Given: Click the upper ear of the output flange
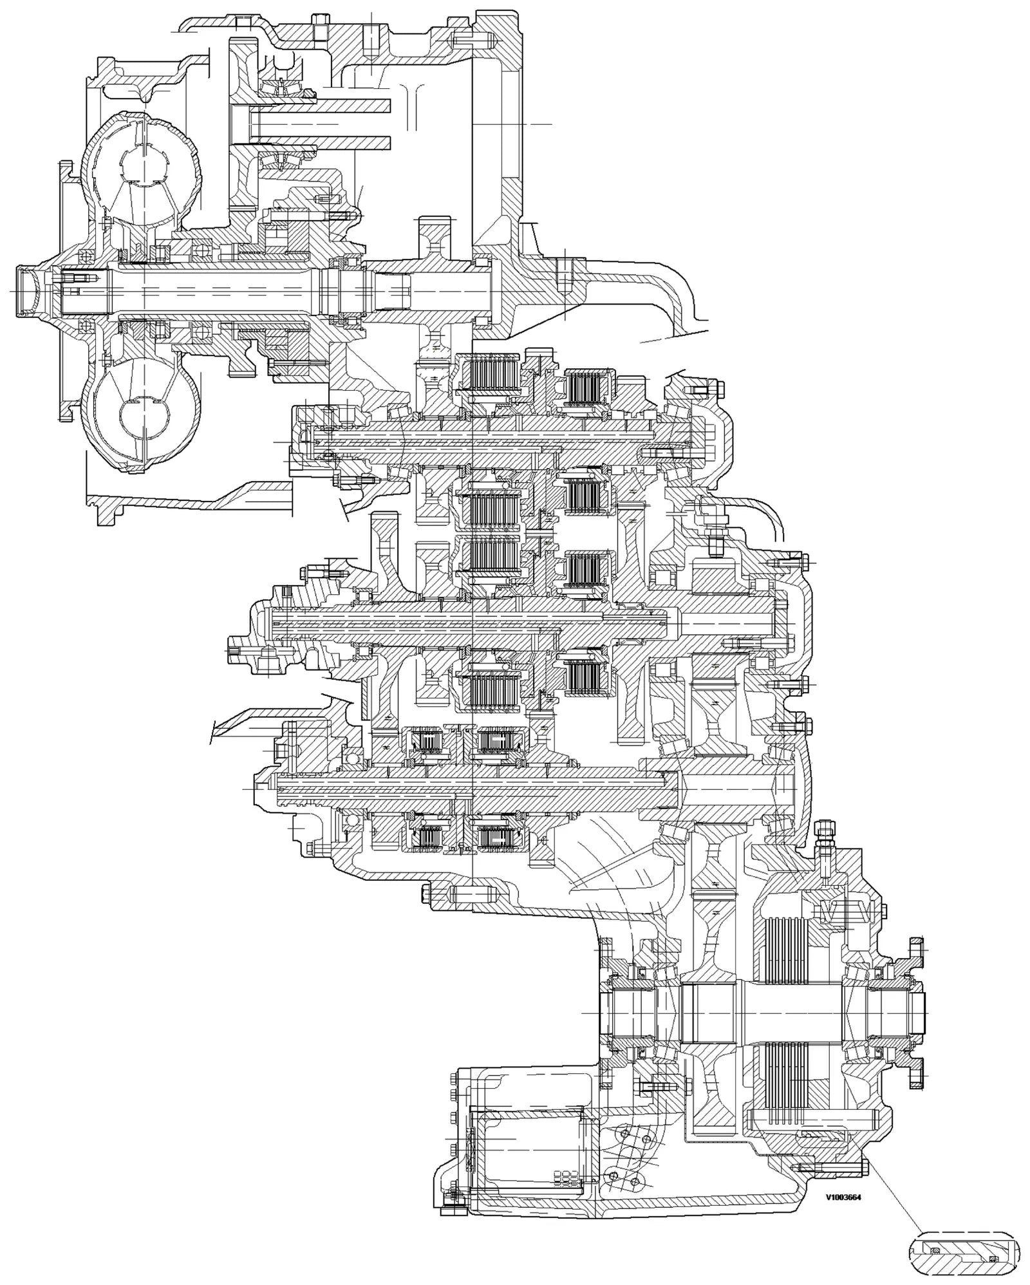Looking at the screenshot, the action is click(x=915, y=951).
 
